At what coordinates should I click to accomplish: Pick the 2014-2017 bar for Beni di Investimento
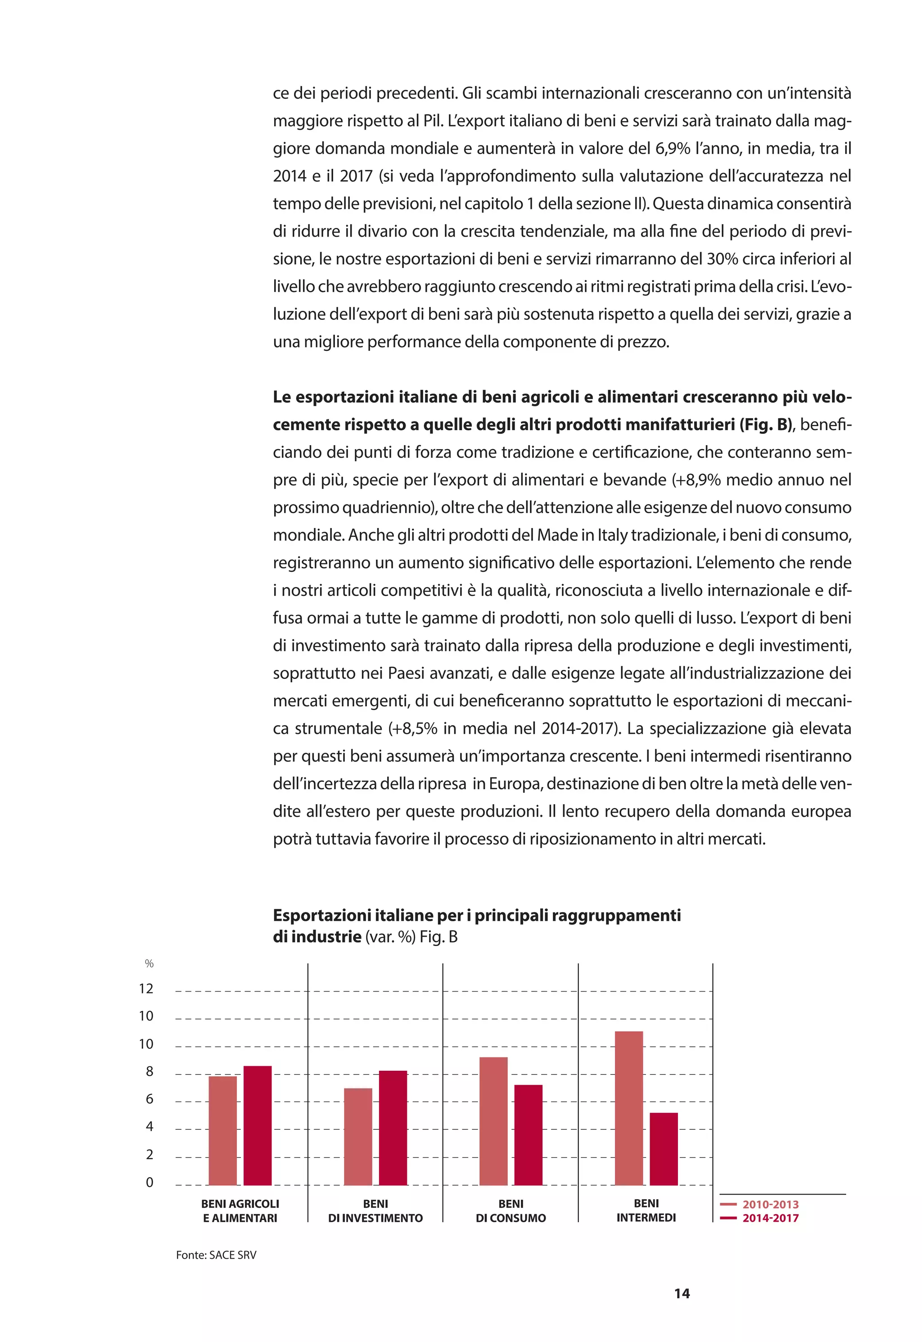coord(393,1128)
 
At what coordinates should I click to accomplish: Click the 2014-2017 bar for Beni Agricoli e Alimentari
coord(257,1126)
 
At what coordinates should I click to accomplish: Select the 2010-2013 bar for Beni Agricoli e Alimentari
coord(222,1131)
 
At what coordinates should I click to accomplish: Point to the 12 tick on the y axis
coord(146,988)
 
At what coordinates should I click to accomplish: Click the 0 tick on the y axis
coord(149,1182)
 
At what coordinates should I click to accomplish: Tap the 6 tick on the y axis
coord(149,1099)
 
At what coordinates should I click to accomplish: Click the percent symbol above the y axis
coord(149,964)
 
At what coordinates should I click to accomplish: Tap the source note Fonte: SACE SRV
coord(216,1255)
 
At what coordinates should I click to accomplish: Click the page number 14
coord(682,1293)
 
